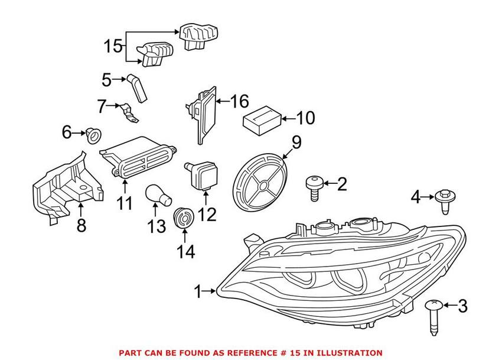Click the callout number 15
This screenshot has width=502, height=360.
113,46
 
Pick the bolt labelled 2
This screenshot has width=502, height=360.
313,189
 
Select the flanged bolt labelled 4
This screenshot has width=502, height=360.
445,200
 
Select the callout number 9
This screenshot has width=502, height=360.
296,142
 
